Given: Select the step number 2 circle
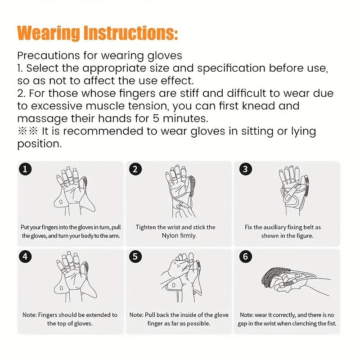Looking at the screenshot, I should tap(135, 169).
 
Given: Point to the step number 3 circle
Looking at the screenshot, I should tap(245, 169).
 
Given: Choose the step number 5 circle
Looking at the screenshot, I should tap(135, 257).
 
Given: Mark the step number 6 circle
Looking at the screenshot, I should tap(245, 257).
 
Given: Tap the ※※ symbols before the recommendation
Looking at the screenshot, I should tap(28, 131).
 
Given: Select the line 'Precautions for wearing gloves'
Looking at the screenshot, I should tap(99, 56).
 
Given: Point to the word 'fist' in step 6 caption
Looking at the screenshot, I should tap(330, 324).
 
